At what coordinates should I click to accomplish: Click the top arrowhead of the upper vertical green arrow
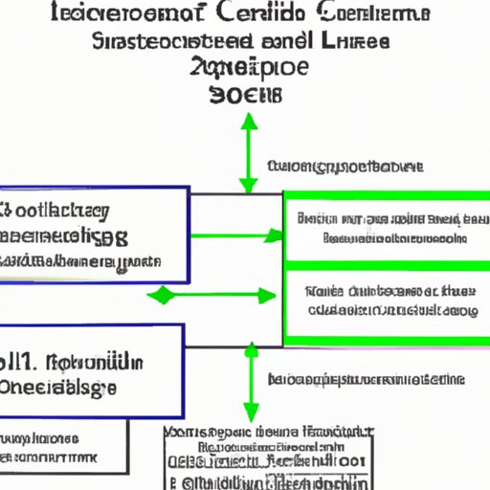249,120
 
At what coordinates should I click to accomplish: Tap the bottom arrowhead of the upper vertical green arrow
249,188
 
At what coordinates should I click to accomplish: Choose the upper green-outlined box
385,227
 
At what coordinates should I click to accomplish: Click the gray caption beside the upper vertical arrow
345,167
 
